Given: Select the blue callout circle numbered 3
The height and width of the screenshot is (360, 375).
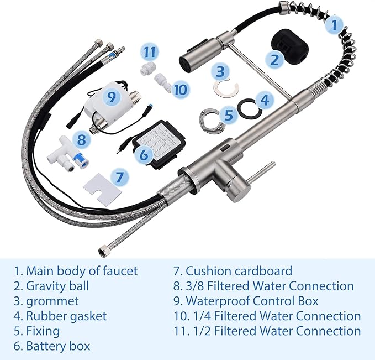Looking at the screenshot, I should coord(221,71).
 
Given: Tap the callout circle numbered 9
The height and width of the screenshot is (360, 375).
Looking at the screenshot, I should coord(112,98).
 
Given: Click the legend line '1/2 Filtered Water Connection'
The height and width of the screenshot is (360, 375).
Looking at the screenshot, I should coord(267,331).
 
